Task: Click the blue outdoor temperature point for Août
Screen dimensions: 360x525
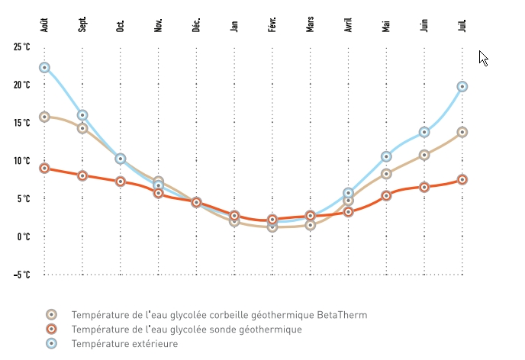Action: click(x=44, y=68)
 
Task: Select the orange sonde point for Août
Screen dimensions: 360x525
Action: click(x=44, y=168)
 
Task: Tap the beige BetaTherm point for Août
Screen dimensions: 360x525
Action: click(x=44, y=117)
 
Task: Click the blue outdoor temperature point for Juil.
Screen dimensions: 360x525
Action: click(x=462, y=87)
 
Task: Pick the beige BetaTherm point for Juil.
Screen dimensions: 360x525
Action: click(x=462, y=132)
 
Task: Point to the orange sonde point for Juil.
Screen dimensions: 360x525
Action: click(x=462, y=180)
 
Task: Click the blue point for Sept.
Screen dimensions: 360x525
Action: click(x=82, y=115)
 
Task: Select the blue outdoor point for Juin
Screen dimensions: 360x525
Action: click(x=424, y=132)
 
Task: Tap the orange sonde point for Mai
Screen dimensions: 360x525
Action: click(x=387, y=195)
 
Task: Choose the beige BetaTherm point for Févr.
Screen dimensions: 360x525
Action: click(x=272, y=227)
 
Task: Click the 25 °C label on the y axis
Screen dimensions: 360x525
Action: click(x=21, y=47)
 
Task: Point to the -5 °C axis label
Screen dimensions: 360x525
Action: click(x=21, y=275)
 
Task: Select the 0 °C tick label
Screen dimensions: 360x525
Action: click(x=23, y=236)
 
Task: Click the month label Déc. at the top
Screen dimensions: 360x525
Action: click(x=196, y=24)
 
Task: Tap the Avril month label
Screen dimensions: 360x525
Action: click(x=349, y=24)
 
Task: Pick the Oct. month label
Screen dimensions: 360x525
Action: click(x=121, y=25)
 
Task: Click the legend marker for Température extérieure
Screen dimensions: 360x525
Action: click(x=51, y=344)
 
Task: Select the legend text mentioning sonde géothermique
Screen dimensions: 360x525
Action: click(x=186, y=329)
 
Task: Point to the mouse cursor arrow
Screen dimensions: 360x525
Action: click(x=482, y=57)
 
